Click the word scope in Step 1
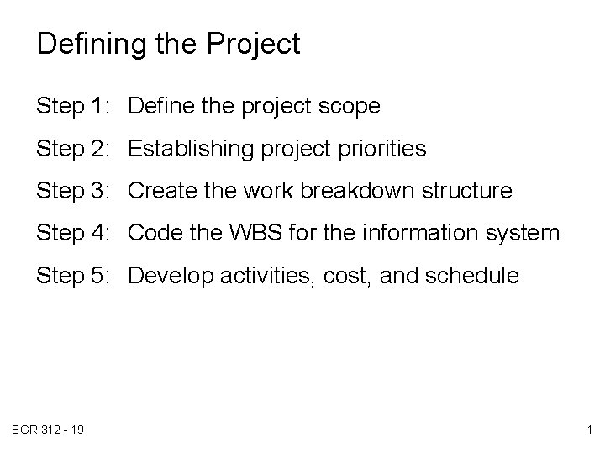(x=350, y=108)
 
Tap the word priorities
(x=382, y=150)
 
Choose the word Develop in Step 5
(x=166, y=275)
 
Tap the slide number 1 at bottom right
(x=590, y=430)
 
